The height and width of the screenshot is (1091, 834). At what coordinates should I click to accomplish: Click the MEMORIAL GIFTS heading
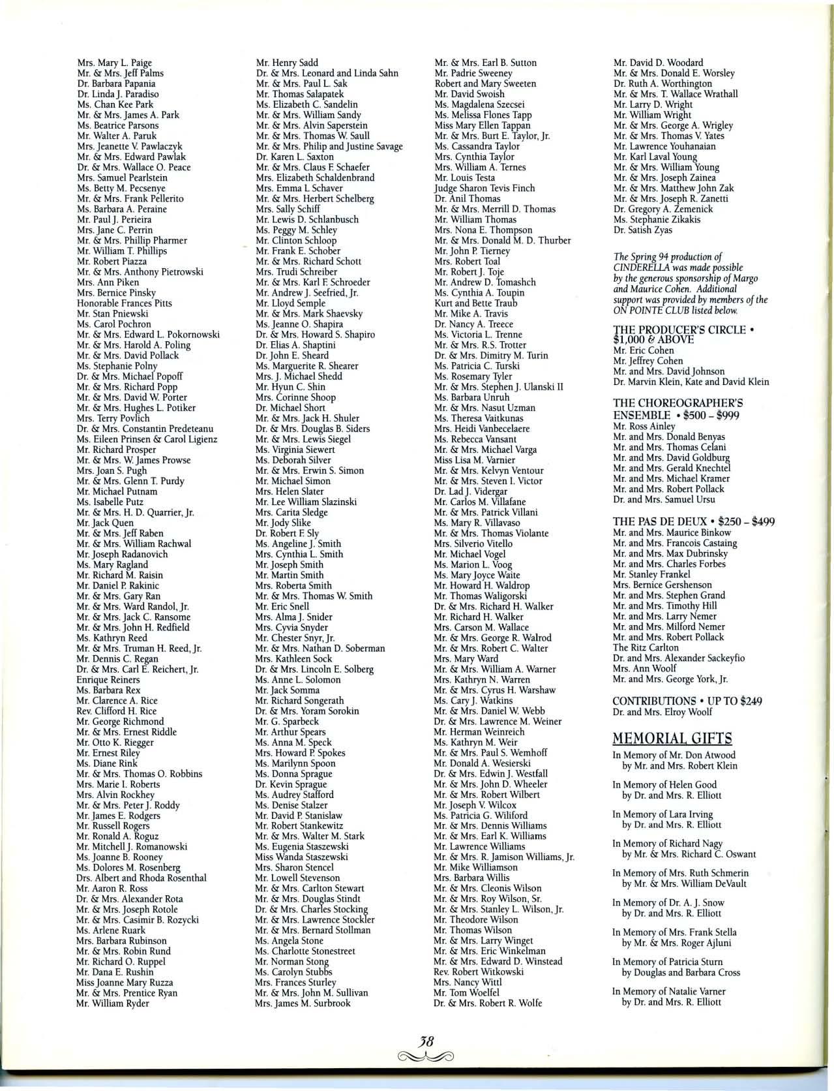[x=672, y=739]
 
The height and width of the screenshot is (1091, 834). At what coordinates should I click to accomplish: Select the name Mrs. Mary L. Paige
[x=114, y=63]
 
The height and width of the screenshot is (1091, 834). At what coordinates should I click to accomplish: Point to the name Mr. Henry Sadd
[x=287, y=63]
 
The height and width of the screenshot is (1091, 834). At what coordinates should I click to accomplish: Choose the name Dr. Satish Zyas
[x=642, y=230]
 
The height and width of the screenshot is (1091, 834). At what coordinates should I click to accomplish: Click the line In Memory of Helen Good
[x=664, y=784]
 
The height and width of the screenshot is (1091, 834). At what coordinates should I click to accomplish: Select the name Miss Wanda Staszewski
[x=301, y=857]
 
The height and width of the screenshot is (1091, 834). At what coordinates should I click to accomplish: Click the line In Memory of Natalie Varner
[x=669, y=991]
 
